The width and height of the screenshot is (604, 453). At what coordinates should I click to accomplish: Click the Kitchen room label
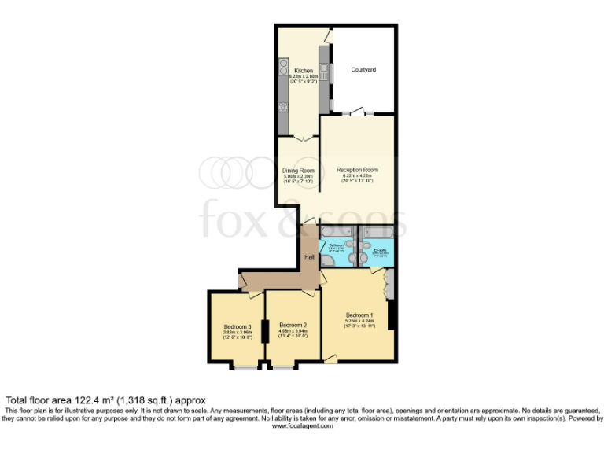tap(304, 71)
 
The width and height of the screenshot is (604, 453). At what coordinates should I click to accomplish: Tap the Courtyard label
tap(363, 70)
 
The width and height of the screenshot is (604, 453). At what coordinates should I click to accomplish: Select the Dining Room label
tap(298, 171)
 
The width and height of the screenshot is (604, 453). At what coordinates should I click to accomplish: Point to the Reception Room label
tap(358, 170)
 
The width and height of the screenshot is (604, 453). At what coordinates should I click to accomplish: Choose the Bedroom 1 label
tap(359, 315)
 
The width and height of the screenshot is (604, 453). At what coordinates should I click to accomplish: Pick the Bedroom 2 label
tap(293, 325)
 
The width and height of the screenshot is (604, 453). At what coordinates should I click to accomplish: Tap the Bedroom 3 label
tap(237, 327)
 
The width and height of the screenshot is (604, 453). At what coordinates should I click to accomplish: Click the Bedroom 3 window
tap(245, 367)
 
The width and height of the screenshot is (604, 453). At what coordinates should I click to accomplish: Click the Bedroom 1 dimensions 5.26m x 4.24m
tap(359, 321)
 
